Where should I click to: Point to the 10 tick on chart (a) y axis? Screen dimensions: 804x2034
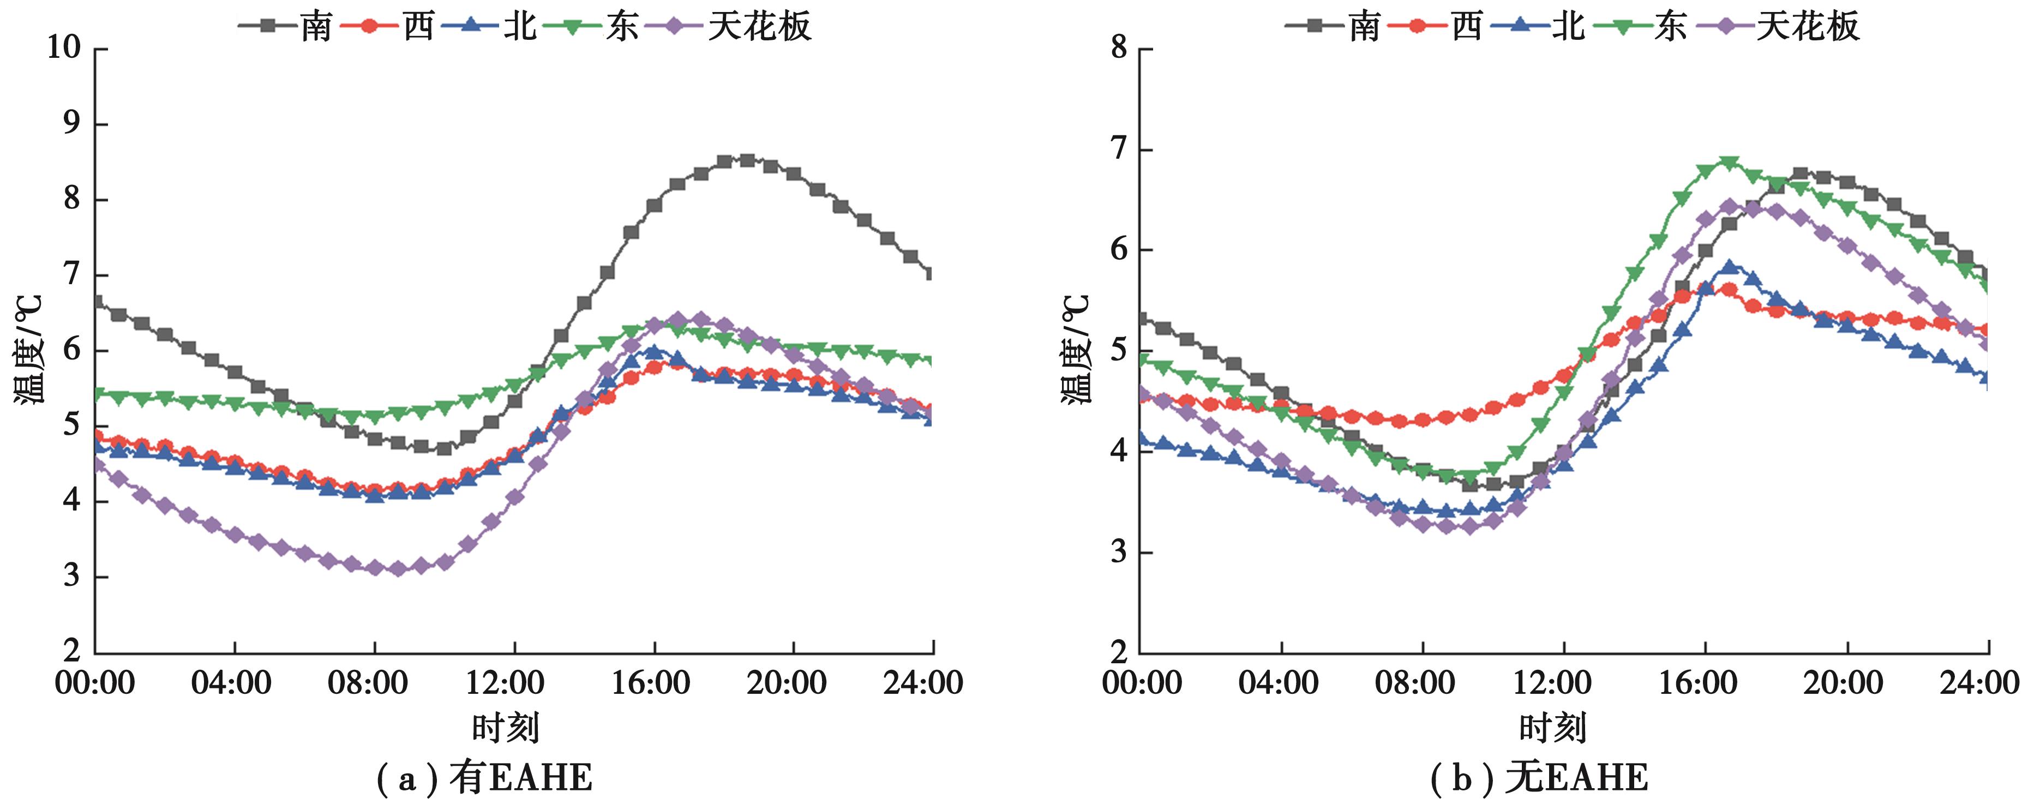tap(63, 48)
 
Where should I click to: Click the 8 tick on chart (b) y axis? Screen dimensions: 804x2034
tap(1119, 48)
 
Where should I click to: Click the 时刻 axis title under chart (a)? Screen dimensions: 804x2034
tap(505, 728)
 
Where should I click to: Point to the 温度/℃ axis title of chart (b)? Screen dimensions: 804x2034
tap(1076, 349)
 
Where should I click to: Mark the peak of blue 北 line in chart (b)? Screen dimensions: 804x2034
tap(1729, 267)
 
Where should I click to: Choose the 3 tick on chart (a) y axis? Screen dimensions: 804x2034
tap(73, 576)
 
